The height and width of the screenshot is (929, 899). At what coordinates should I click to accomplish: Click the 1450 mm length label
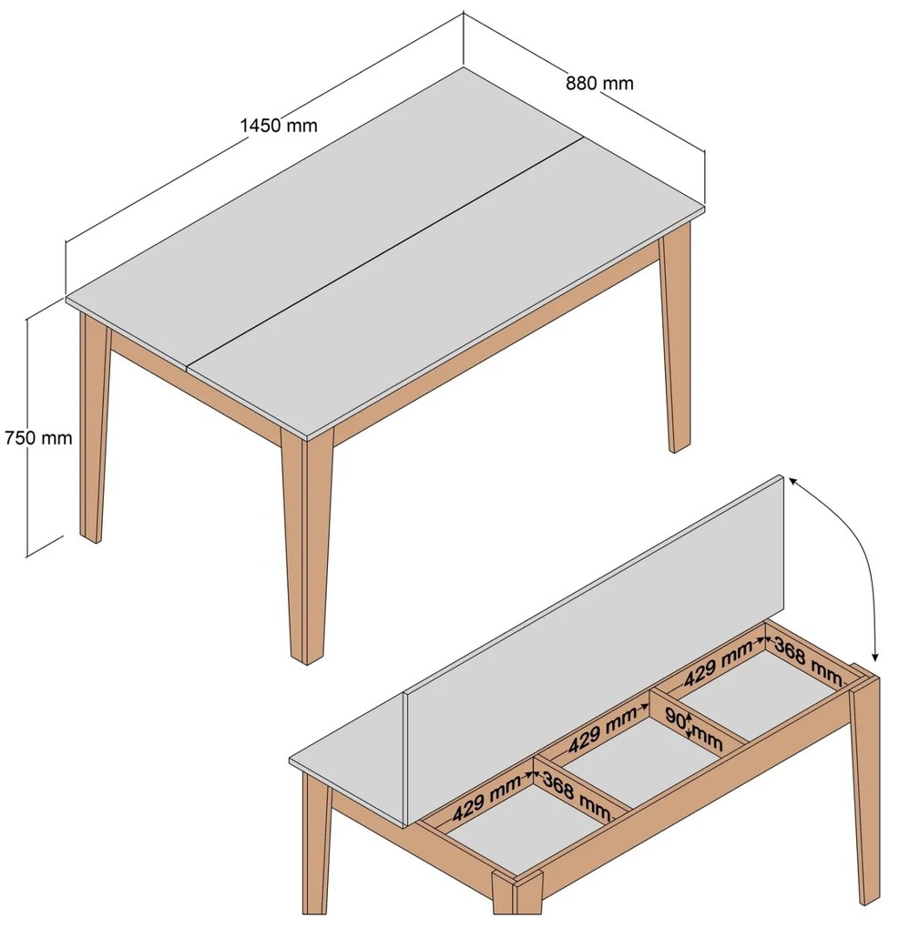(279, 126)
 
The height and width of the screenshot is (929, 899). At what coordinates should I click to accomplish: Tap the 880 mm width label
(599, 83)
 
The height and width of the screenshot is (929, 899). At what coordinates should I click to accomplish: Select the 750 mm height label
(38, 438)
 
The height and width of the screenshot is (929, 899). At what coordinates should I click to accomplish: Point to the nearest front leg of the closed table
(305, 545)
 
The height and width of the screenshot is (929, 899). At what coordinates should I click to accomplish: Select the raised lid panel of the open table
(595, 622)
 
